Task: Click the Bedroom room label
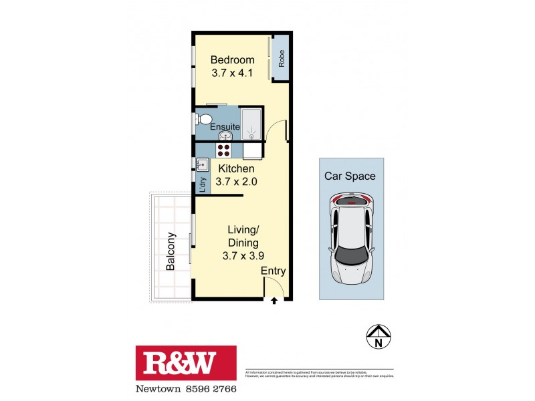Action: coord(232,60)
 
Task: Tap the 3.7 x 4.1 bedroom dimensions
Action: coord(232,74)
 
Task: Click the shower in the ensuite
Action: coord(253,124)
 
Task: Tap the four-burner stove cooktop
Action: coord(224,150)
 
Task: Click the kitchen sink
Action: coord(201,163)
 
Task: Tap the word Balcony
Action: coord(171,251)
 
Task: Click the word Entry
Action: coord(274,271)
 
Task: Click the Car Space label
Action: coord(350,176)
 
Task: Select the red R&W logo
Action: coord(186,364)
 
